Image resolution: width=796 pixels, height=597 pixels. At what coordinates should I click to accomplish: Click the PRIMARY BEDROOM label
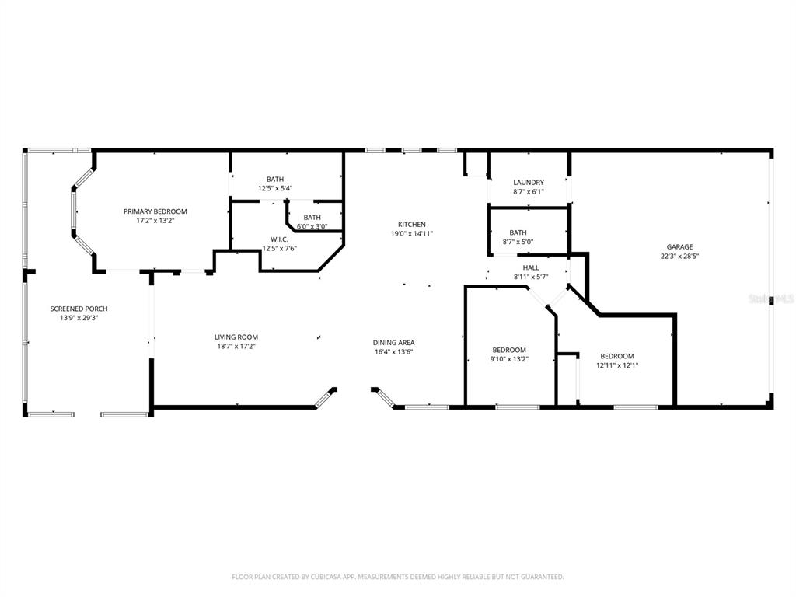point(155,211)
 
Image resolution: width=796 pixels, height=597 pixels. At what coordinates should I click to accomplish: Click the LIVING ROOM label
point(236,337)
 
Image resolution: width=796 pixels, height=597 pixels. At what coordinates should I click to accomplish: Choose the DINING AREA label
point(393,342)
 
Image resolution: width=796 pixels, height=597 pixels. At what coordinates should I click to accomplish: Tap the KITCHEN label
point(411,225)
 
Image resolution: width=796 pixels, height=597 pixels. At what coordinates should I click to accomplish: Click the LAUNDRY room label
point(529,183)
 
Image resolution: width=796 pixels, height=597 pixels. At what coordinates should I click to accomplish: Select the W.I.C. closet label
point(280,239)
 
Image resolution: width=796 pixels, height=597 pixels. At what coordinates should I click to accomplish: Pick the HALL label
point(531,268)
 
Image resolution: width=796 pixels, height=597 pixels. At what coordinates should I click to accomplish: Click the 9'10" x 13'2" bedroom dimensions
point(509,359)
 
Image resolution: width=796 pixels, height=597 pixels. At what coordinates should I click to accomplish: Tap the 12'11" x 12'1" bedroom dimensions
point(617,365)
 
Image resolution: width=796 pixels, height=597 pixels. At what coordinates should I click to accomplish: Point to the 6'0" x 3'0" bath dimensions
point(312,227)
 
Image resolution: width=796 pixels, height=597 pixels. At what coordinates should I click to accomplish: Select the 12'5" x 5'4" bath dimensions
point(275,188)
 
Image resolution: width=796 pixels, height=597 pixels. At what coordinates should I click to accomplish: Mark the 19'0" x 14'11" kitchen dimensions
point(411,233)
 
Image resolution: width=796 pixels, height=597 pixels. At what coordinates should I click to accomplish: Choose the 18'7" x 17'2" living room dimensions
point(236,346)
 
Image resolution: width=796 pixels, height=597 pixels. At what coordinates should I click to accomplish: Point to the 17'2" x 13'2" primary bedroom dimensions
point(155,220)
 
